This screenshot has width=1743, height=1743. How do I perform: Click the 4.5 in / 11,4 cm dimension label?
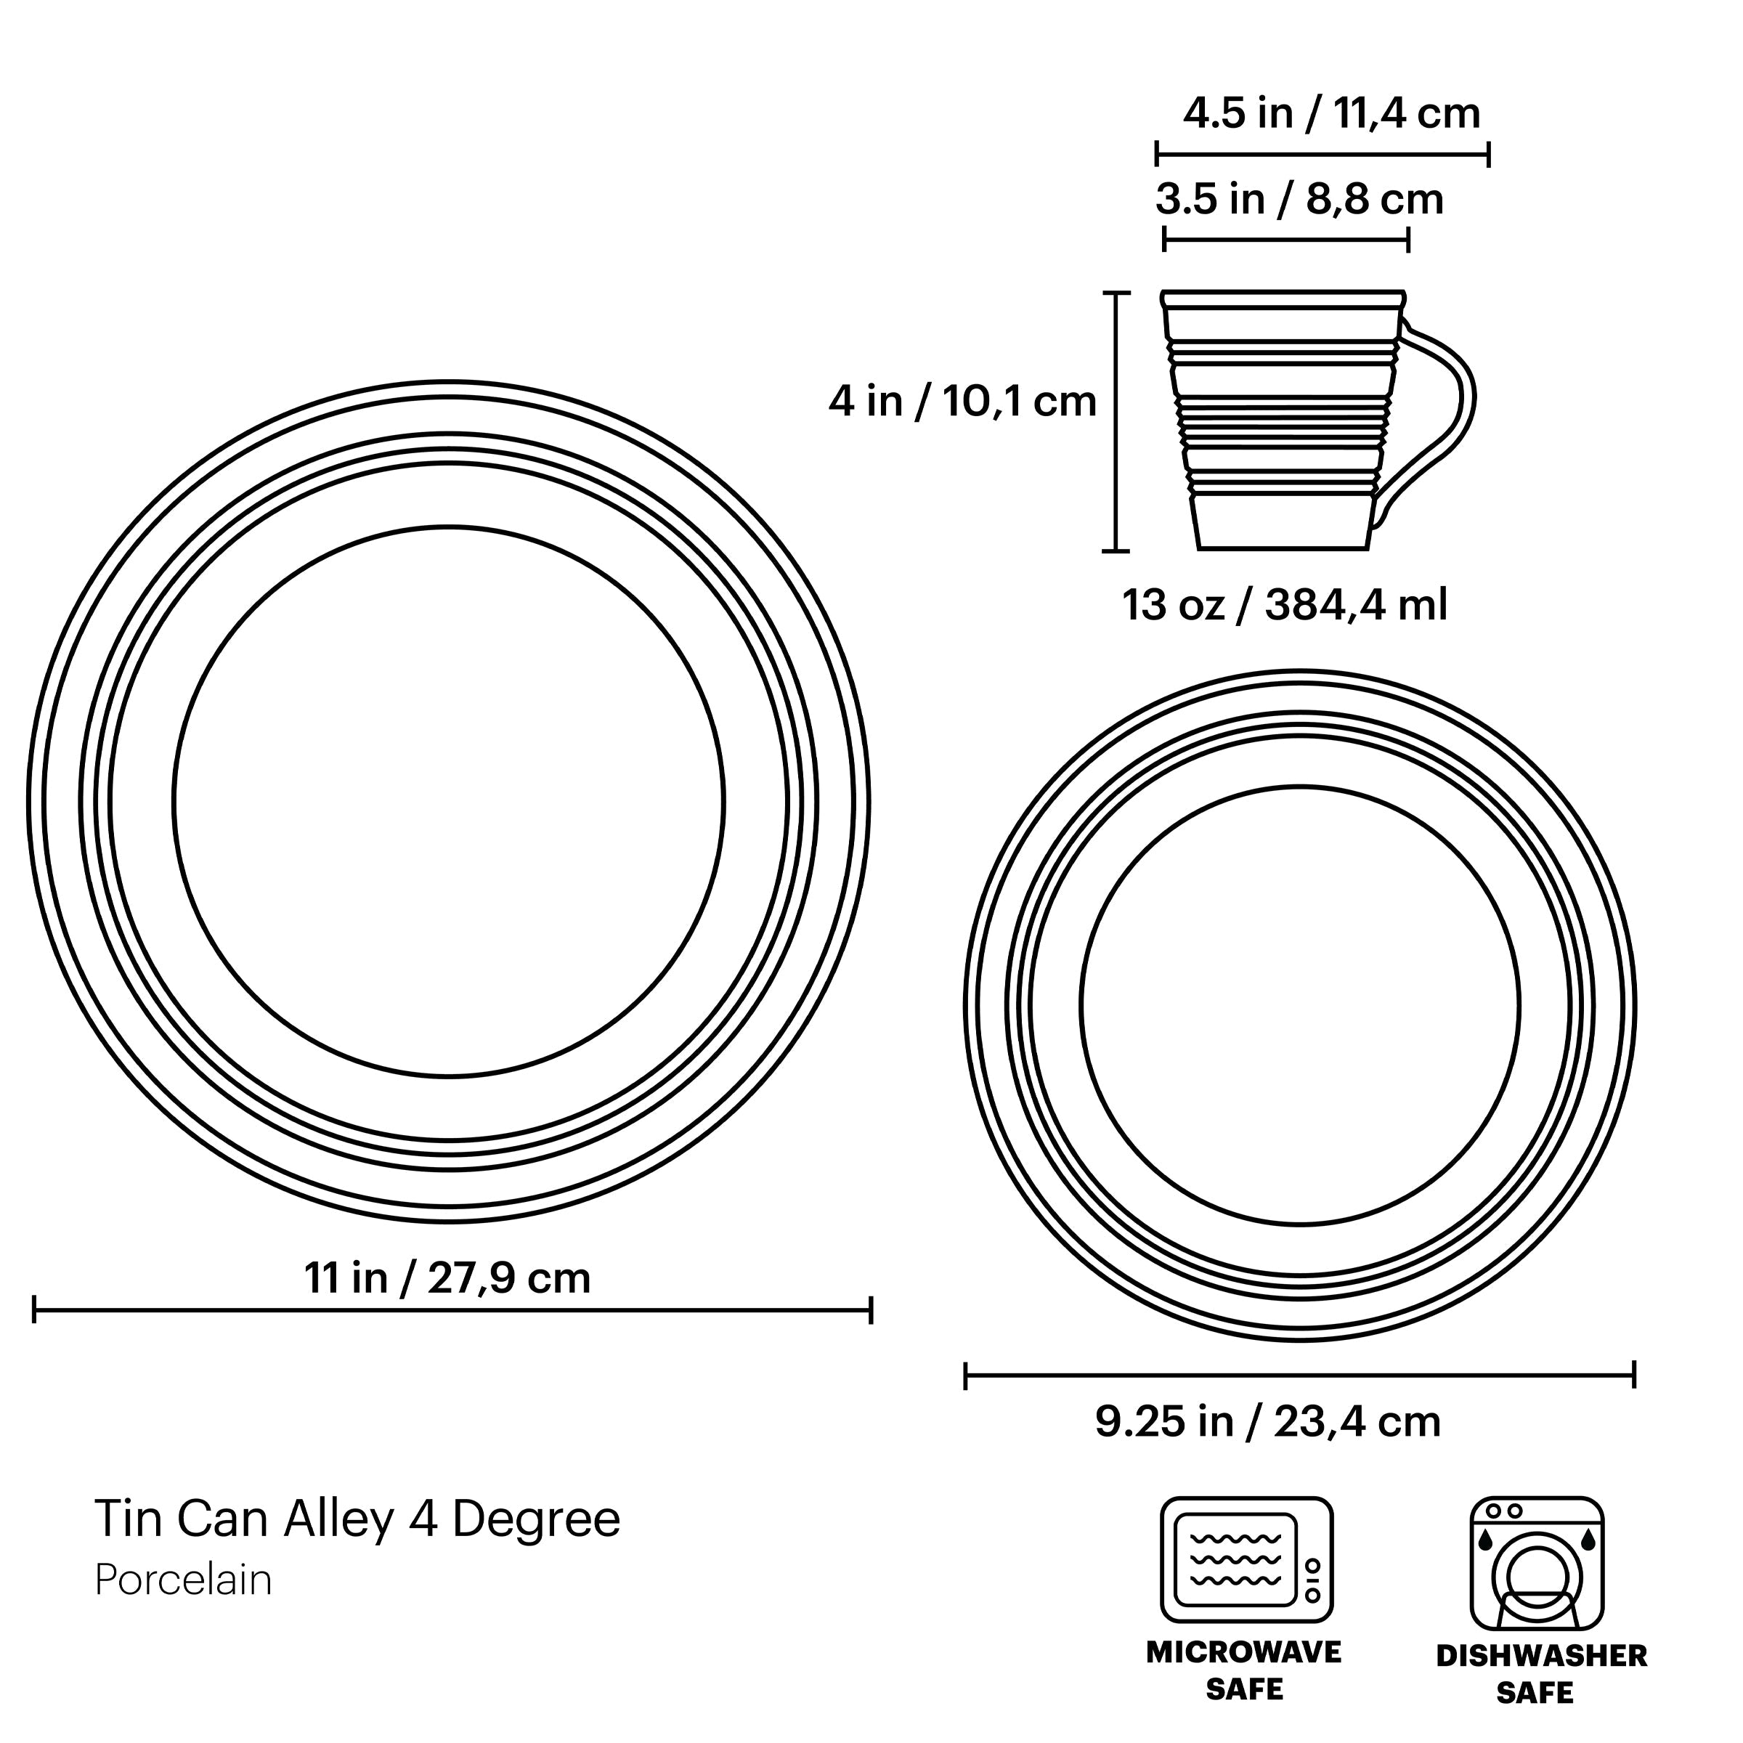(1330, 115)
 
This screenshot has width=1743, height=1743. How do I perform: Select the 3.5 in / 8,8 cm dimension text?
(1299, 200)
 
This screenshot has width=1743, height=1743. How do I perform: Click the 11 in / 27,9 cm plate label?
(447, 1278)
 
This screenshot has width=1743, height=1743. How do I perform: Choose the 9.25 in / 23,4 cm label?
(1267, 1423)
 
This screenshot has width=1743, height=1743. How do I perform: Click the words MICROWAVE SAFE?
(1244, 1670)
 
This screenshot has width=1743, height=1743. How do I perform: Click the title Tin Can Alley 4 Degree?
(357, 1519)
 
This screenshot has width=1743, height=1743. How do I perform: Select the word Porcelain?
(183, 1580)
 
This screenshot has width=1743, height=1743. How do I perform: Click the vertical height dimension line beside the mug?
(1117, 421)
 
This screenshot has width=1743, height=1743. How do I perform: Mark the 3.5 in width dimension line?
(1285, 240)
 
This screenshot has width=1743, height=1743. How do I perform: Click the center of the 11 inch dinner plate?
(448, 802)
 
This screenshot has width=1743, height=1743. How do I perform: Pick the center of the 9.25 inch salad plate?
(1300, 1005)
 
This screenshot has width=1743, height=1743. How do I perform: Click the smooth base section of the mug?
(1283, 523)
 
